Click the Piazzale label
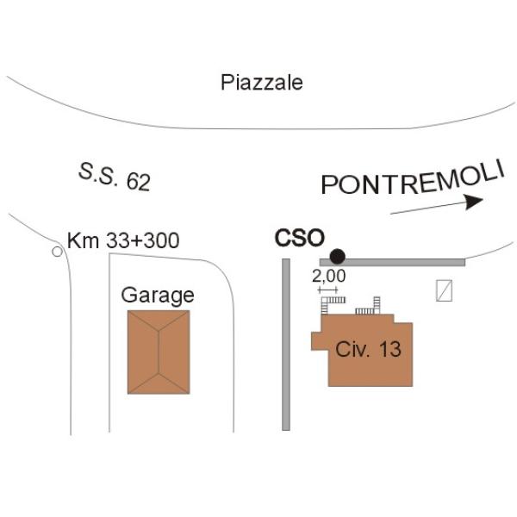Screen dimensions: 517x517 [262, 83]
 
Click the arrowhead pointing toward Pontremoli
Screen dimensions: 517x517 [474, 202]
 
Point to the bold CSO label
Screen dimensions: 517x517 [300, 238]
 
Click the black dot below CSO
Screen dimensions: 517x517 [337, 256]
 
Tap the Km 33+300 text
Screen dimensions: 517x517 [123, 240]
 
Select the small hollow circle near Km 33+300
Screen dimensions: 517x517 [58, 252]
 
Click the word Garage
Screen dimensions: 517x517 [158, 296]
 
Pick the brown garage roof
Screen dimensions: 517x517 [159, 352]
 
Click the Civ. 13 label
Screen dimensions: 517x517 [368, 349]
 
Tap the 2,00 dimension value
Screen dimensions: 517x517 [329, 277]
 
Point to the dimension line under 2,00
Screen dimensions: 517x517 [327, 290]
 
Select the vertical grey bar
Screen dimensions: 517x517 [286, 345]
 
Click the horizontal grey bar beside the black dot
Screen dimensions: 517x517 [392, 263]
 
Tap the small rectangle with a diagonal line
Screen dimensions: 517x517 [444, 290]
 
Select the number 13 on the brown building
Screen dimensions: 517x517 [390, 349]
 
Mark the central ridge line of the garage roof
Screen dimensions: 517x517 [159, 352]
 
